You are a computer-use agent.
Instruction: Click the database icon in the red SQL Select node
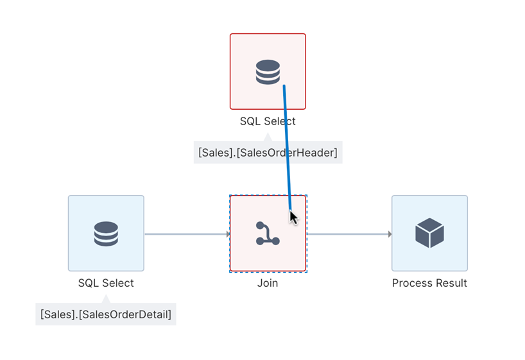(268, 72)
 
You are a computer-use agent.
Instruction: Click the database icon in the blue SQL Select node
(106, 234)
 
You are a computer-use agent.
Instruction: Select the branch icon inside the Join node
(267, 234)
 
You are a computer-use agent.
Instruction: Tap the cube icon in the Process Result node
(429, 233)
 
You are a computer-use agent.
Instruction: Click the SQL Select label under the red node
(268, 121)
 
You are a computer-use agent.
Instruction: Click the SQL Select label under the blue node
(106, 283)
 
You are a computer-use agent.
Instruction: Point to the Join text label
(268, 283)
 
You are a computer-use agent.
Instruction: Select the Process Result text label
(429, 283)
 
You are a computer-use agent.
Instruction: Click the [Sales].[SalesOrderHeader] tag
(268, 153)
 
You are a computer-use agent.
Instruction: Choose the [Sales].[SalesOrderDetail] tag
(106, 314)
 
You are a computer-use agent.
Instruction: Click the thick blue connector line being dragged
(287, 148)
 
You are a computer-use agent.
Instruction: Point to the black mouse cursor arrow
(293, 218)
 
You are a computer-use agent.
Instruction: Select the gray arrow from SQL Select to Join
(186, 234)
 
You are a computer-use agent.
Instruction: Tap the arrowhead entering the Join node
(228, 234)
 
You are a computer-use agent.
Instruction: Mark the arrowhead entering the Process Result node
(389, 234)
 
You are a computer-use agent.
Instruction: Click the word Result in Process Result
(451, 283)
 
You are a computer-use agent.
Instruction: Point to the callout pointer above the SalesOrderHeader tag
(268, 137)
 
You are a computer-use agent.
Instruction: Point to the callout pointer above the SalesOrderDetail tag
(106, 299)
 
